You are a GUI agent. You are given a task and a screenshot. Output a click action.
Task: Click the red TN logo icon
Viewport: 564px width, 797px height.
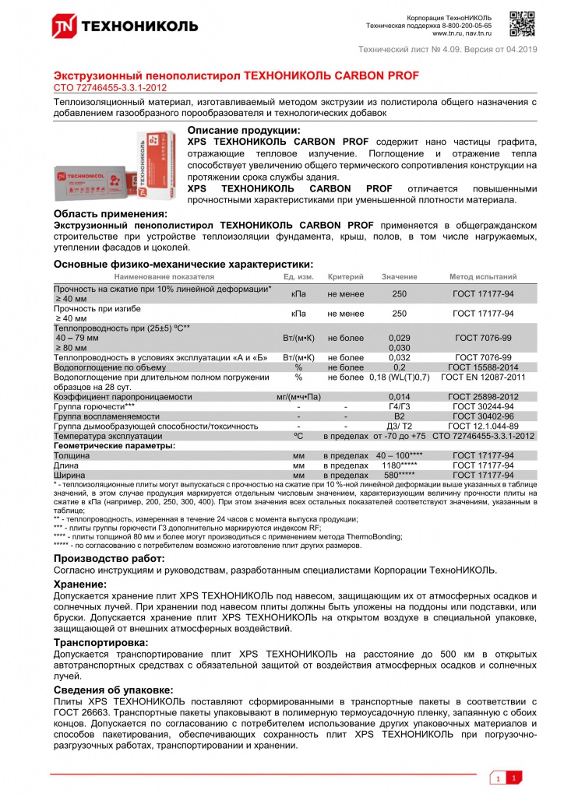[64, 26]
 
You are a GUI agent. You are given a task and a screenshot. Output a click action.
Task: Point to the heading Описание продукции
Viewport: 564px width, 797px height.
[244, 130]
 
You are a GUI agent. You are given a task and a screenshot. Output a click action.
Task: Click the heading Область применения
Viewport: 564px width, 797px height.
[109, 213]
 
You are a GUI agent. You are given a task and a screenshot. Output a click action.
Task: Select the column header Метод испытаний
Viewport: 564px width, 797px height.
[482, 277]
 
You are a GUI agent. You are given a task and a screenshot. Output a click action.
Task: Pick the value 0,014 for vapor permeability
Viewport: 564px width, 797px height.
[399, 397]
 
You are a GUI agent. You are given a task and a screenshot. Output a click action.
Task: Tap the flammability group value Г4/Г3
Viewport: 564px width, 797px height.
[399, 406]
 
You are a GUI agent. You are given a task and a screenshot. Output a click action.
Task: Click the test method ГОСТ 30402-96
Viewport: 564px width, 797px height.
[482, 416]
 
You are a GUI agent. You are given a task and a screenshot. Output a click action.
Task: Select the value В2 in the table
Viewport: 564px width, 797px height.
[399, 416]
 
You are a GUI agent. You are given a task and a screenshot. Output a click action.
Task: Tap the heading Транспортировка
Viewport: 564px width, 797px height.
[100, 642]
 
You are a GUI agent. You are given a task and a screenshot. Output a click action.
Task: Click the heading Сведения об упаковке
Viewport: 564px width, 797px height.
[113, 690]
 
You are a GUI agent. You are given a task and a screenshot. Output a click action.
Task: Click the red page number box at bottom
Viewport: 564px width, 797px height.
[514, 778]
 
